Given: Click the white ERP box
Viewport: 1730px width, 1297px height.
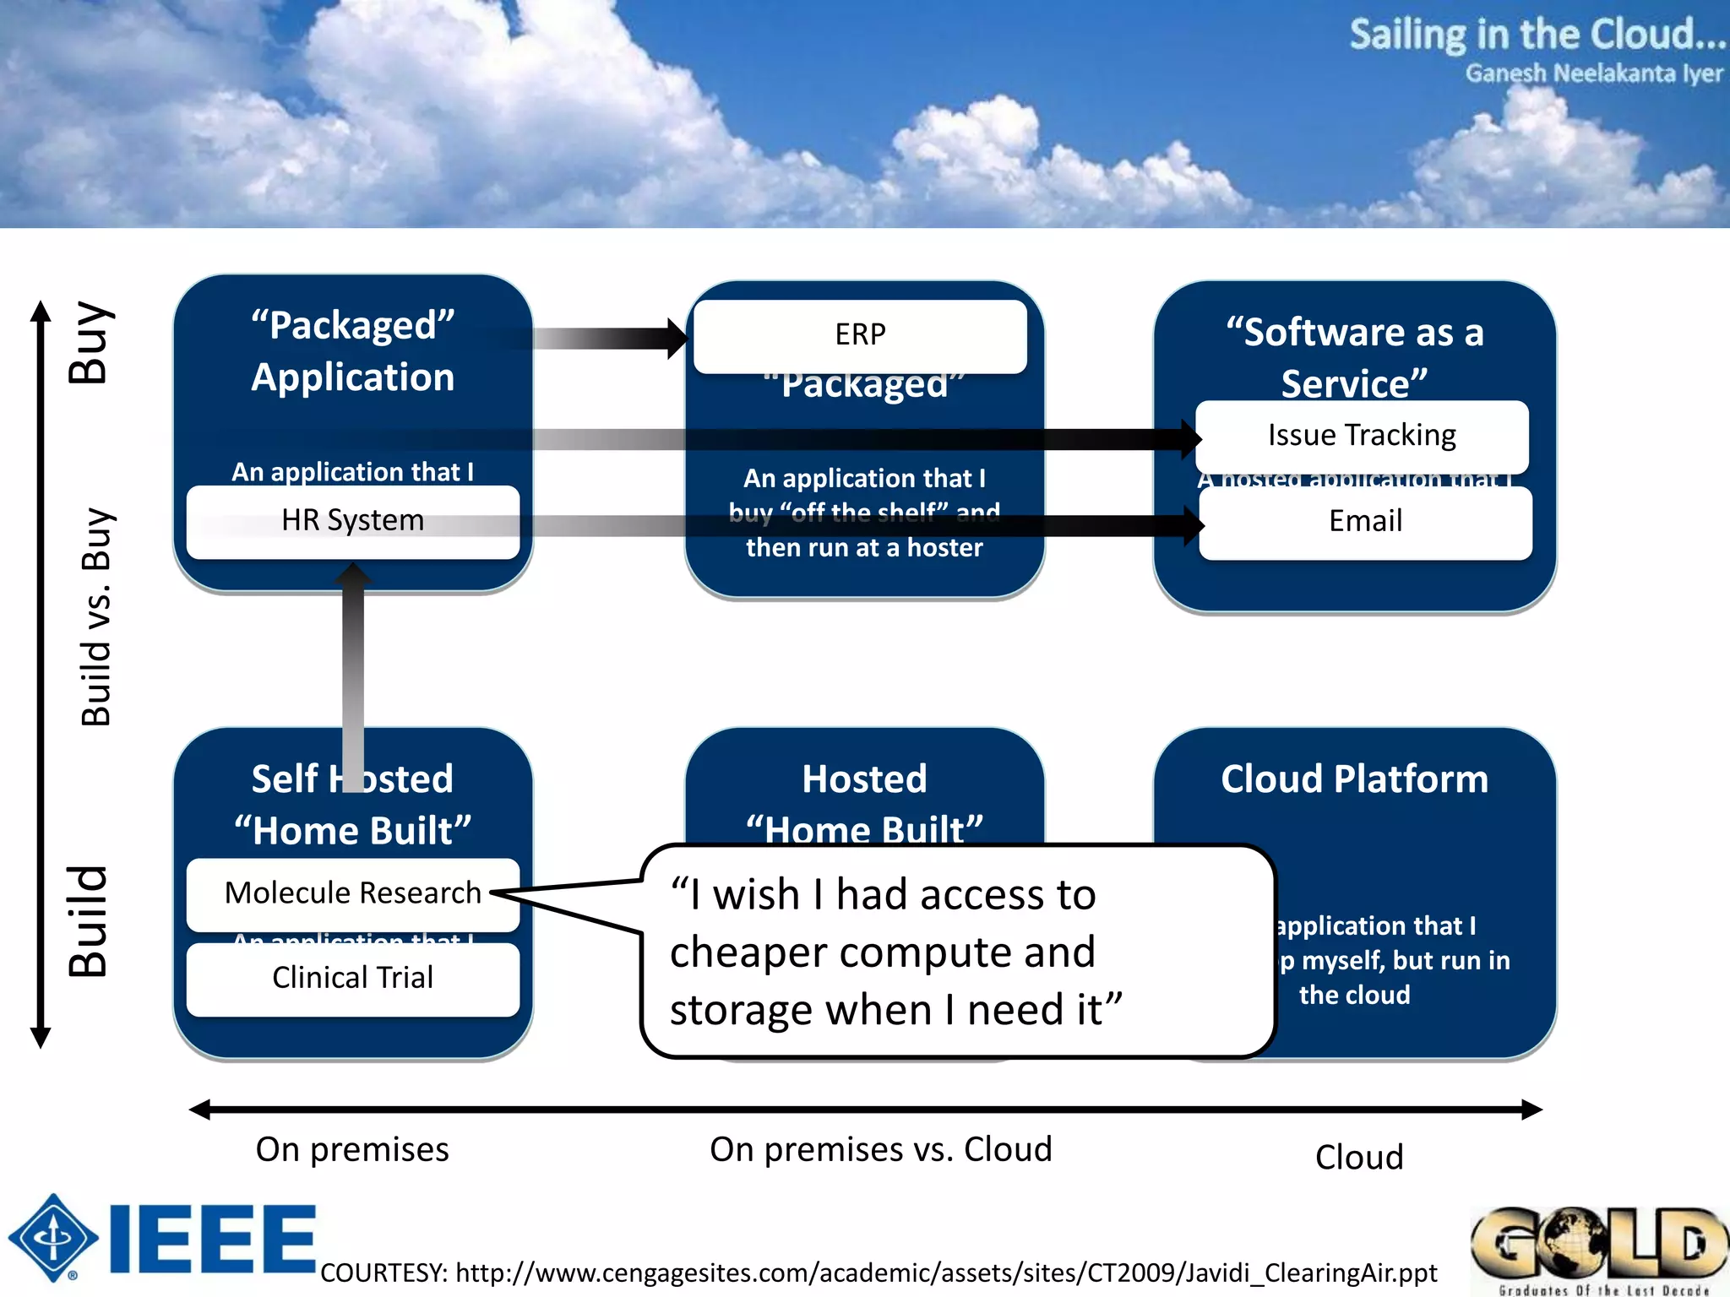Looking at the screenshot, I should coord(860,335).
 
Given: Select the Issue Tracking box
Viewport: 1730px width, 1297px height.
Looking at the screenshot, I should coord(1361,436).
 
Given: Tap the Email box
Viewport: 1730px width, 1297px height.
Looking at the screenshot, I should coord(1365,522).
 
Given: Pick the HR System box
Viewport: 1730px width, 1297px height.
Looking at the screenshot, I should coord(352,521).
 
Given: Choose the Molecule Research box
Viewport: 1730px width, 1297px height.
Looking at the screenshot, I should coord(352,893).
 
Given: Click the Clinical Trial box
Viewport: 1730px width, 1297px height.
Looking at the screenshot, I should coord(352,978).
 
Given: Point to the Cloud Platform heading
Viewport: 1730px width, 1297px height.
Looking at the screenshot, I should coord(1354,779).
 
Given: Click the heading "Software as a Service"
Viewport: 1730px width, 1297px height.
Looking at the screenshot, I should coord(1354,357).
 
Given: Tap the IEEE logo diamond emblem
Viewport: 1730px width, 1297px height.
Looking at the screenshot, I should coord(53,1238).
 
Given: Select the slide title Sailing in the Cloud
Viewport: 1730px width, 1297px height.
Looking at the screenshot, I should coord(1536,35).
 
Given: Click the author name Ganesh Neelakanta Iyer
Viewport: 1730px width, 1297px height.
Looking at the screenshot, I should coord(1593,74).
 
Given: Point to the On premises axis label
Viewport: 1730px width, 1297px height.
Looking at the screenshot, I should coord(352,1150).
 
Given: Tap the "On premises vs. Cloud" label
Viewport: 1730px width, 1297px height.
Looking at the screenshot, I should coord(880,1150).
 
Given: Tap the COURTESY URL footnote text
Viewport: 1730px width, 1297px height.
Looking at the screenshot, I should coord(879,1273).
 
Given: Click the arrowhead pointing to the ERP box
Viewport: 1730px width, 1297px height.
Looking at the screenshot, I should coord(677,338).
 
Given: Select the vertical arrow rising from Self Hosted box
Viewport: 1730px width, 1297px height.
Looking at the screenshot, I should coord(353,667).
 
